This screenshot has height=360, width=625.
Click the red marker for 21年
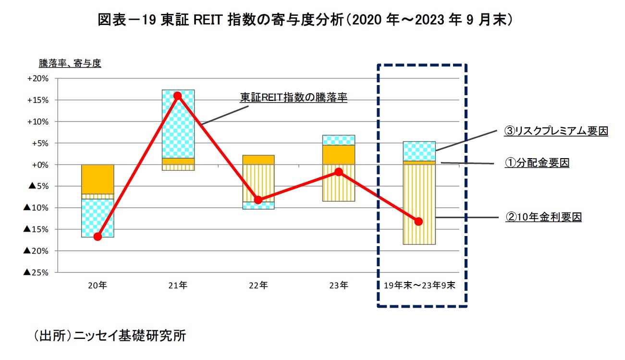point(178,96)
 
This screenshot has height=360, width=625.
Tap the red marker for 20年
point(98,236)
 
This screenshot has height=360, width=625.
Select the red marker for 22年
point(258,200)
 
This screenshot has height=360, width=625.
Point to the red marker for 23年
point(339,172)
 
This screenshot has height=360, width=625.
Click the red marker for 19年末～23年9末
point(418,222)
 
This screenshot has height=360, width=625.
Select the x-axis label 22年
point(258,285)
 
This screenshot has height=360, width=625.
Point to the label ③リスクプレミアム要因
point(556,131)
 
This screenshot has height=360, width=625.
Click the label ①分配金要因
point(537,163)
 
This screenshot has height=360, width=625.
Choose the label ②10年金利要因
point(543,217)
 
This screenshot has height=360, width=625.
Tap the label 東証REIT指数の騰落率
point(294,98)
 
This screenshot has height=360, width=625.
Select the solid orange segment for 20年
point(98,179)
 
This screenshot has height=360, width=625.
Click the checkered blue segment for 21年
point(178,124)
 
